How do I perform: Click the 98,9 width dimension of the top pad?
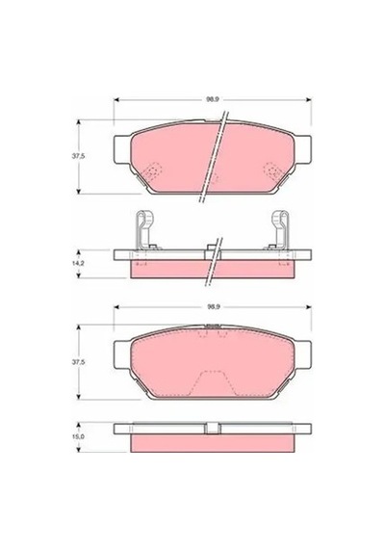coord(213,99)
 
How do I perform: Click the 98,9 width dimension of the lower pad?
coord(213,307)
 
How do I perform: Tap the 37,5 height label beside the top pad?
coord(78,156)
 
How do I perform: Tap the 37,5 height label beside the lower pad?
coord(78,362)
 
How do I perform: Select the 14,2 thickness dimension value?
coord(78,264)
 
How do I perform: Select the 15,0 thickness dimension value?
coord(78,437)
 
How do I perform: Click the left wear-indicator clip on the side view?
coord(144,230)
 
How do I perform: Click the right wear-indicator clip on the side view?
coord(281,230)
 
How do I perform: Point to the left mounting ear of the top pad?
coord(122,149)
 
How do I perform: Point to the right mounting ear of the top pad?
coord(302,149)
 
